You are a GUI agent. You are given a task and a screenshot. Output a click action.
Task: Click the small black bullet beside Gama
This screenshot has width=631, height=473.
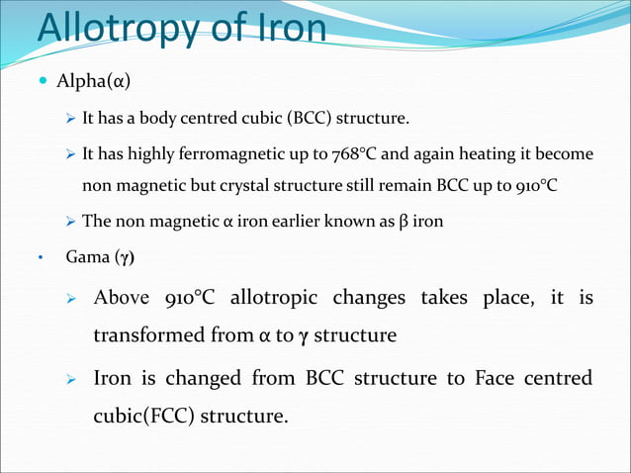click(41, 260)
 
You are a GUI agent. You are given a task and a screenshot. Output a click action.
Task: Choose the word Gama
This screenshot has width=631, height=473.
click(86, 259)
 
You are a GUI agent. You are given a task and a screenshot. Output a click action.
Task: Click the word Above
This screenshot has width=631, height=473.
click(122, 298)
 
